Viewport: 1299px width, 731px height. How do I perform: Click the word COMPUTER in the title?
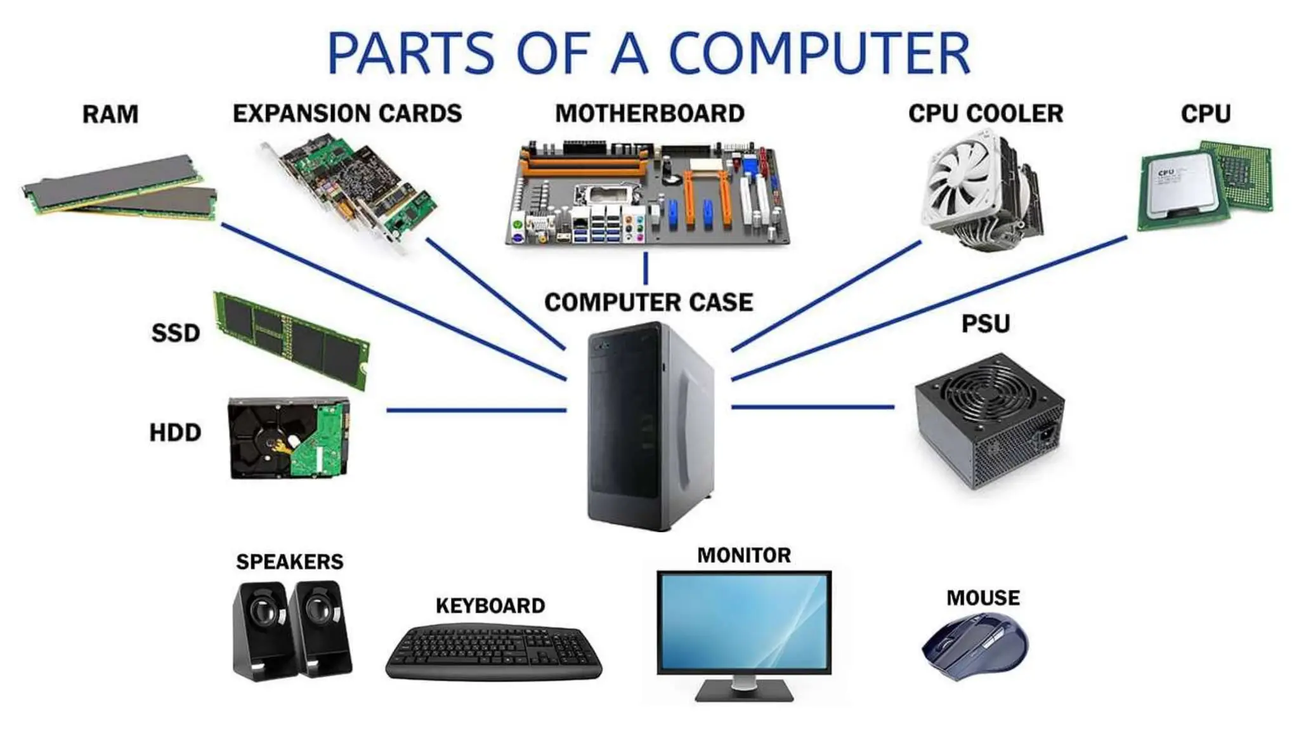(x=819, y=53)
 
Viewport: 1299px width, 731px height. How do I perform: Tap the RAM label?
(x=110, y=114)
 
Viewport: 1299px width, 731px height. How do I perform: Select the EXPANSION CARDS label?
(x=347, y=114)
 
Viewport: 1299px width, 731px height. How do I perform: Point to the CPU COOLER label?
(x=985, y=114)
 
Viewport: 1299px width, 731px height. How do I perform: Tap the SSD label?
(x=175, y=333)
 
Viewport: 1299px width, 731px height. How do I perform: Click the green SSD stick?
(x=292, y=339)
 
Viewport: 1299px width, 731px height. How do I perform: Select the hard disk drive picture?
(x=289, y=438)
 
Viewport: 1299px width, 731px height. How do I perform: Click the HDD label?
(x=175, y=433)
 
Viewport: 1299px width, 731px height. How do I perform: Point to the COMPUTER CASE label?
(x=648, y=302)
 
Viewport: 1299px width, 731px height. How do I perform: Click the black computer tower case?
(x=650, y=425)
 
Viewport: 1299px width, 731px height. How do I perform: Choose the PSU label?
(x=985, y=324)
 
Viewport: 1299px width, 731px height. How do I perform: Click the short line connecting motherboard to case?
(x=646, y=268)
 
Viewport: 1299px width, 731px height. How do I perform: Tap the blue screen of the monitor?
(x=743, y=622)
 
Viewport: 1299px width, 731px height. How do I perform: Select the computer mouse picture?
(x=975, y=645)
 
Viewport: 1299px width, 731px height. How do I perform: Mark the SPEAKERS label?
(x=289, y=562)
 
